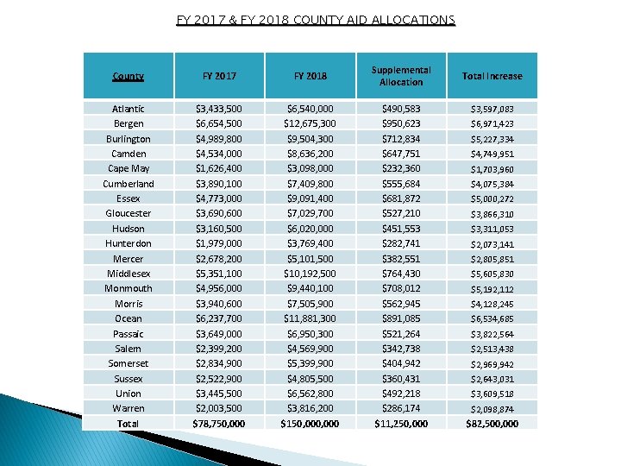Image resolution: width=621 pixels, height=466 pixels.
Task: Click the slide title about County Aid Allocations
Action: pos(315,19)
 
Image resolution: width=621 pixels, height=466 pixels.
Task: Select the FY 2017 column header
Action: pos(219,76)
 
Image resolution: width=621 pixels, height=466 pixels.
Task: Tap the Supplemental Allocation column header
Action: pos(401,76)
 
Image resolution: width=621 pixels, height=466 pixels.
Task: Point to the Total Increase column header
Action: pos(492,76)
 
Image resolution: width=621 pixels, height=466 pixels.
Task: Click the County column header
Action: pos(128,76)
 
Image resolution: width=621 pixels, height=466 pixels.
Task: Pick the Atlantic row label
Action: pos(129,109)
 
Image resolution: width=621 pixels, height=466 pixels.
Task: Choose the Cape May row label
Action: pos(129,168)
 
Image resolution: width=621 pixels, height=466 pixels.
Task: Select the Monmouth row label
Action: pos(129,288)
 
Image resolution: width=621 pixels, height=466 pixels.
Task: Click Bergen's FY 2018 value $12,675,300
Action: pos(309,123)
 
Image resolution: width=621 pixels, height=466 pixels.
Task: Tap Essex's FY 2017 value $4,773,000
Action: pos(219,198)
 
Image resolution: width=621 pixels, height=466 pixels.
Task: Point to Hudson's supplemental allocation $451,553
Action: pos(401,229)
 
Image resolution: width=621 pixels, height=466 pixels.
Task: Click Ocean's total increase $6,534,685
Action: pos(492,318)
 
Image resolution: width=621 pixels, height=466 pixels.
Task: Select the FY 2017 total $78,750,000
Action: pos(219,424)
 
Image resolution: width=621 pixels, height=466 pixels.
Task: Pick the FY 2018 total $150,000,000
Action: pos(309,424)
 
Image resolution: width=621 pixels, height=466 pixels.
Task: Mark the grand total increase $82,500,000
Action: pos(492,424)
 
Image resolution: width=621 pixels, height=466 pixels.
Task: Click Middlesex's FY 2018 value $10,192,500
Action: pos(309,274)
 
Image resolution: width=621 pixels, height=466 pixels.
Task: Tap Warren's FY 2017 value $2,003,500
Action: pos(219,408)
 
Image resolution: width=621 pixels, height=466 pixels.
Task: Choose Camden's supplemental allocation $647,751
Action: pos(401,154)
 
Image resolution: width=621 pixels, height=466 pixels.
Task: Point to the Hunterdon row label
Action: pos(129,243)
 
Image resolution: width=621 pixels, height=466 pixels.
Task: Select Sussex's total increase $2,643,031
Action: pos(492,379)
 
